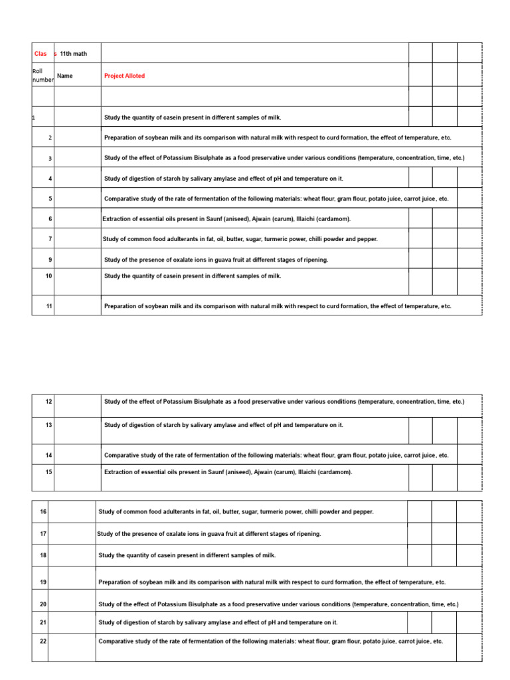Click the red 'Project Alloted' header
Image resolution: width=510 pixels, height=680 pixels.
pyautogui.click(x=124, y=76)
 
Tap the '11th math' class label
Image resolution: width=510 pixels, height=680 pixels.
pyautogui.click(x=73, y=54)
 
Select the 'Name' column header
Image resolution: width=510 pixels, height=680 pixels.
pyautogui.click(x=65, y=76)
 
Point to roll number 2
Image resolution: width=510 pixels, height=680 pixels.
pyautogui.click(x=50, y=138)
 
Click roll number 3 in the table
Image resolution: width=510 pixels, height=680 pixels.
pyautogui.click(x=50, y=159)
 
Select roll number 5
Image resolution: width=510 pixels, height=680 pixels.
pyautogui.click(x=50, y=199)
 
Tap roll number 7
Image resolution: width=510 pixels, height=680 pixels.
pyautogui.click(x=50, y=239)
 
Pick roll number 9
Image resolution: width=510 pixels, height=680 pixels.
pyautogui.click(x=50, y=260)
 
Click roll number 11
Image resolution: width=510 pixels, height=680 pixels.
pyautogui.click(x=49, y=306)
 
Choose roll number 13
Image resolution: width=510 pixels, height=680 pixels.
pyautogui.click(x=49, y=425)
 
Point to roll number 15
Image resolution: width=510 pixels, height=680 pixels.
pyautogui.click(x=49, y=472)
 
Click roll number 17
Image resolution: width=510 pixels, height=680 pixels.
pyautogui.click(x=43, y=534)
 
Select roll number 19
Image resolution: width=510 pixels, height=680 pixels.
pyautogui.click(x=43, y=582)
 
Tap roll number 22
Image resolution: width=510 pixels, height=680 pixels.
pyautogui.click(x=43, y=641)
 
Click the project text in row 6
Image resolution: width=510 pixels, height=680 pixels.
pyautogui.click(x=226, y=218)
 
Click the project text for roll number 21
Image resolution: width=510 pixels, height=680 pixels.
pyautogui.click(x=218, y=622)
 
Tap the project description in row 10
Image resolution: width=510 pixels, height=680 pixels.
pyautogui.click(x=193, y=276)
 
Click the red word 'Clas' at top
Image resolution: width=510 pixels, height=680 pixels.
pyautogui.click(x=41, y=54)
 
